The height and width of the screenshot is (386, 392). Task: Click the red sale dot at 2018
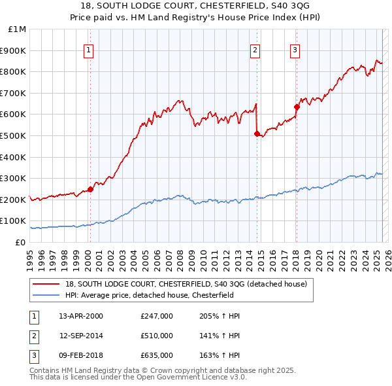click(x=296, y=107)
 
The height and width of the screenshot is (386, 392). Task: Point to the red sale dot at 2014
click(x=257, y=133)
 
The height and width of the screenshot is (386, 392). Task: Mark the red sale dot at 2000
click(x=90, y=190)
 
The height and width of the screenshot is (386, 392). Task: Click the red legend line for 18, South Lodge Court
click(x=46, y=284)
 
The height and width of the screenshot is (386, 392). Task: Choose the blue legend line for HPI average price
click(x=46, y=295)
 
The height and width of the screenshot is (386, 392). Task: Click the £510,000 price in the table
click(x=157, y=336)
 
